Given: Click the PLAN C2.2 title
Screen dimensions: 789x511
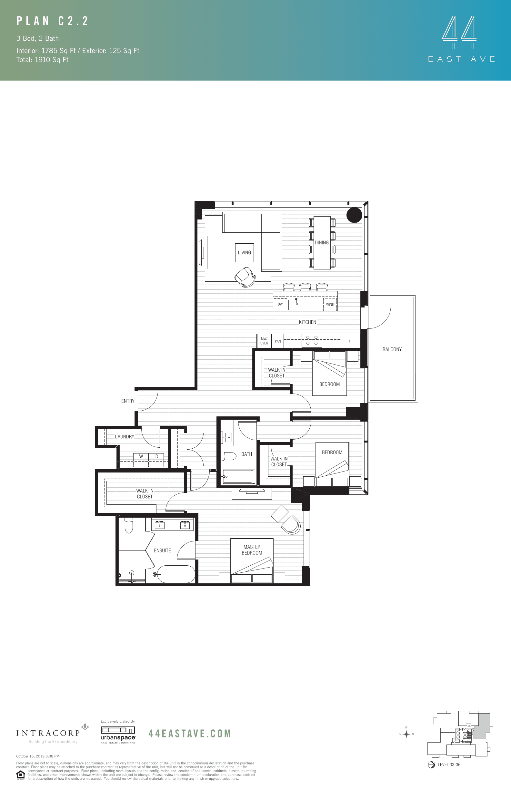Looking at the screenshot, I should [x=53, y=21].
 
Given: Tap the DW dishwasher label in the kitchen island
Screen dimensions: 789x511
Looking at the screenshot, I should [x=280, y=304].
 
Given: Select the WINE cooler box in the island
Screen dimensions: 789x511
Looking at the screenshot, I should [x=330, y=305].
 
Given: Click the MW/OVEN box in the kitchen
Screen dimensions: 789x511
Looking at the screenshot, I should [x=264, y=341].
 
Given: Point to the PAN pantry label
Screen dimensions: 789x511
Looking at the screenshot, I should [x=278, y=341].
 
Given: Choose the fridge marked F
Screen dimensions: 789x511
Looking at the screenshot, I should [x=350, y=341].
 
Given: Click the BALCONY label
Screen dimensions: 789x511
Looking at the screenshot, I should [x=392, y=349].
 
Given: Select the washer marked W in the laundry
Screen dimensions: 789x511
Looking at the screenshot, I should [x=141, y=456].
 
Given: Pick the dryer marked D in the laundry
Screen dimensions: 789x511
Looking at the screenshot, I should [x=156, y=456].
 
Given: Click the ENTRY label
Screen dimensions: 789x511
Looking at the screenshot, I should [x=128, y=401].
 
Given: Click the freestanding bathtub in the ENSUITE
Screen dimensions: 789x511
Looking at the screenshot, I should [x=176, y=574].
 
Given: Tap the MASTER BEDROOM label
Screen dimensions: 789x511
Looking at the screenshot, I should [x=252, y=550].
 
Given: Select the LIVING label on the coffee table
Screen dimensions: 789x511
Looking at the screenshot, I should [x=245, y=253].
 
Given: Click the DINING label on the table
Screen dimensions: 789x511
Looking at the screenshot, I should [x=322, y=243].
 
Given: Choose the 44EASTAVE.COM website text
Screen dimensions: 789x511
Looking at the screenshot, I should [x=189, y=734].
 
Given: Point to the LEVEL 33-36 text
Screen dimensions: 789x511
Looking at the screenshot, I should [x=449, y=765].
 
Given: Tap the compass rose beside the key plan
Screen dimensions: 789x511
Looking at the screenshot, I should [x=406, y=734].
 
